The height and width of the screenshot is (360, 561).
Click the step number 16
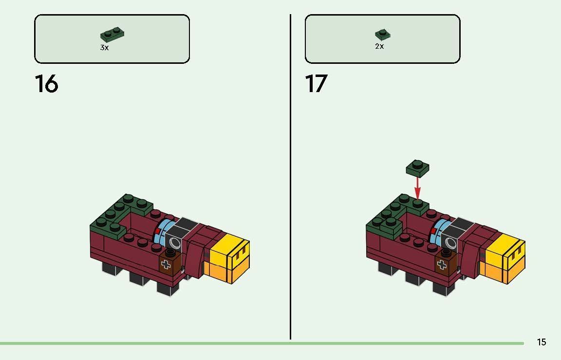[47, 84]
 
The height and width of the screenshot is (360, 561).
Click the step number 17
[316, 84]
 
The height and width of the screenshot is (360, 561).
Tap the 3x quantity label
[105, 48]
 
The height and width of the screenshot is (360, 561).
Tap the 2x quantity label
[380, 46]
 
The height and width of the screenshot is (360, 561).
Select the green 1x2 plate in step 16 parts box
[112, 35]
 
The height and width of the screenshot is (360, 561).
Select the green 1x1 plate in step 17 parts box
[383, 35]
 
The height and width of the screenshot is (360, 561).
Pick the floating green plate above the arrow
[417, 168]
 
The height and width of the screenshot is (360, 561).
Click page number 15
[542, 342]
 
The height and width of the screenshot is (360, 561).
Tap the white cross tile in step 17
[442, 265]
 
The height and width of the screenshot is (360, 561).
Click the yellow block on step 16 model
[229, 250]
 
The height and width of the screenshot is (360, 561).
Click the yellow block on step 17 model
[505, 250]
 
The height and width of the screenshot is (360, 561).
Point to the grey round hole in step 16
[175, 243]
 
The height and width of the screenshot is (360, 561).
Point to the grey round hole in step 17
[451, 243]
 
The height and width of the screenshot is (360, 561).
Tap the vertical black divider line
[290, 177]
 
